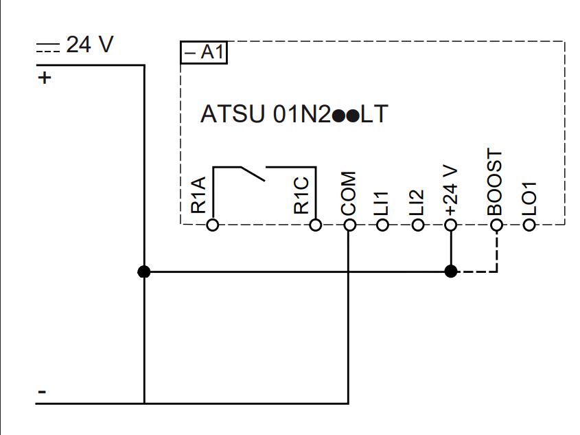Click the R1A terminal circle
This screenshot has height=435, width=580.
point(213,225)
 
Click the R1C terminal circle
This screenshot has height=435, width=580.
point(315,225)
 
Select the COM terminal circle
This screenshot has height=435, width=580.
point(349,225)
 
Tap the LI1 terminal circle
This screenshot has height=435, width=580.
point(382,225)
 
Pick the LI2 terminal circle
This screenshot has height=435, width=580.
point(417,225)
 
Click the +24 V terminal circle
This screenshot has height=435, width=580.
point(450,225)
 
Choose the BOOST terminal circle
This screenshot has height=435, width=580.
point(496,225)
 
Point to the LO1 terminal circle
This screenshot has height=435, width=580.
point(529,225)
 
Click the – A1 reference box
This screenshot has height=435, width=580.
point(204,52)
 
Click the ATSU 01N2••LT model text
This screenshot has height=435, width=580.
point(294,113)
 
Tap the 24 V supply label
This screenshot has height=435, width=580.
point(90,45)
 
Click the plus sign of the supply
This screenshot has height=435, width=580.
point(45,78)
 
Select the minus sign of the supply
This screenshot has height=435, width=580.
point(42,392)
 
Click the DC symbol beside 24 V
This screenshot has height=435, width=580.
point(48,47)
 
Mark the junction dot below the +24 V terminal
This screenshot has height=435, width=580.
point(450,271)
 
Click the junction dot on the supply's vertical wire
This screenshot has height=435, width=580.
point(144,271)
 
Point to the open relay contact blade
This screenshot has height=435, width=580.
point(253,174)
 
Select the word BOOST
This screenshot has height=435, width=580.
point(495,182)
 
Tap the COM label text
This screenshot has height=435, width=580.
point(349,193)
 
